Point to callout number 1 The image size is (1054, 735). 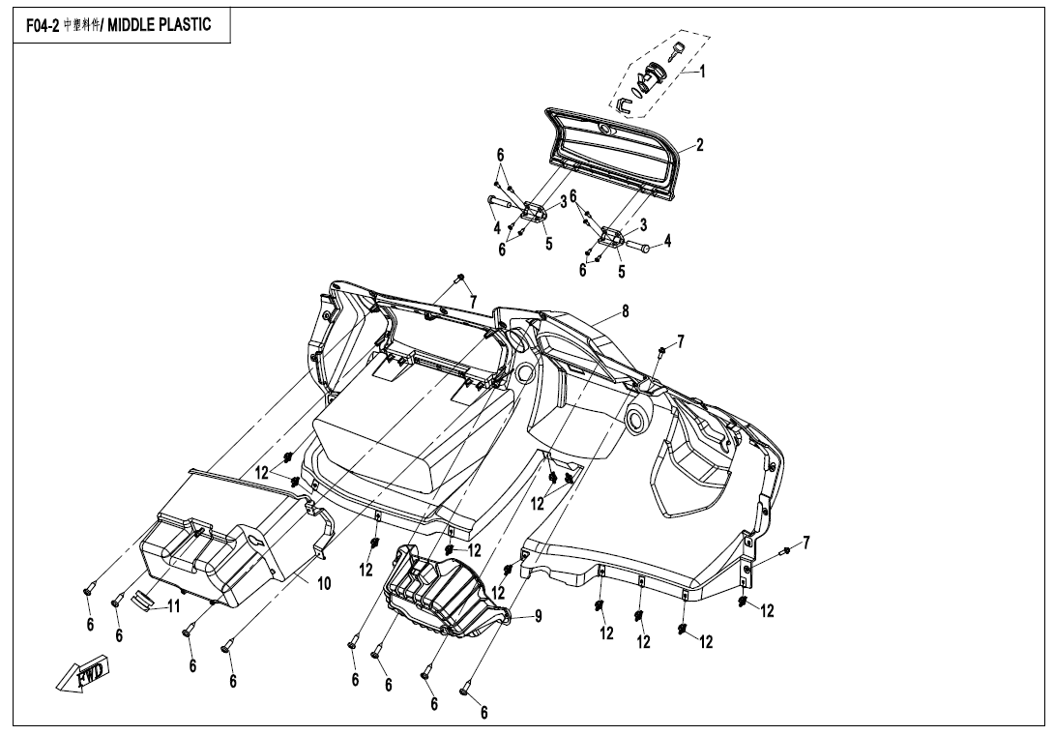702,72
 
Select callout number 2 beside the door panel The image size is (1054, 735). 699,146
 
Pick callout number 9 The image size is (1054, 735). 539,615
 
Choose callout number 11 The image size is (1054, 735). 174,606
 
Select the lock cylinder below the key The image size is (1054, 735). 655,74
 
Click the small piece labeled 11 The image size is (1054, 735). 143,600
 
